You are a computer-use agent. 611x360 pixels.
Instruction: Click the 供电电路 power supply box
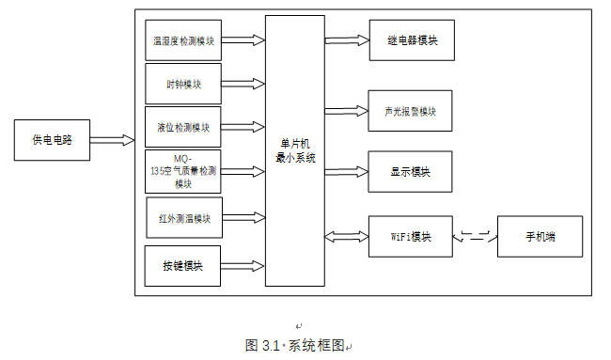click(x=53, y=140)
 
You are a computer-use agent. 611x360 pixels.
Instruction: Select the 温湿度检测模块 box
click(x=184, y=41)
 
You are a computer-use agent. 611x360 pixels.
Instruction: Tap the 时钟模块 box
click(x=184, y=84)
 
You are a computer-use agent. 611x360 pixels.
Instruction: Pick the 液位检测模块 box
click(x=184, y=127)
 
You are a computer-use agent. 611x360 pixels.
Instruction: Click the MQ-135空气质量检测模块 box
click(x=183, y=171)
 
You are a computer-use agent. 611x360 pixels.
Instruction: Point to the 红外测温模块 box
click(x=184, y=218)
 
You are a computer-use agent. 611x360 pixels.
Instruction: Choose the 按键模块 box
click(x=183, y=266)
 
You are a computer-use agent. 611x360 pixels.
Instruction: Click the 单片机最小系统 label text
click(x=295, y=150)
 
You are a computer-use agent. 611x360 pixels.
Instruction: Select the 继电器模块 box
click(x=411, y=41)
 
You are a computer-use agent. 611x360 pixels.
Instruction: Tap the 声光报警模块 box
click(x=411, y=111)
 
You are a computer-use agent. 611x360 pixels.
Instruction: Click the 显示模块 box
click(x=411, y=172)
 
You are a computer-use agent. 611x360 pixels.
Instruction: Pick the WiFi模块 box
click(x=411, y=236)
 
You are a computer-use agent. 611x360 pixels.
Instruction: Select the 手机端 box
click(x=540, y=236)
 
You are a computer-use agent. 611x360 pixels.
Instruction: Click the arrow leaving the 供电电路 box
click(x=112, y=140)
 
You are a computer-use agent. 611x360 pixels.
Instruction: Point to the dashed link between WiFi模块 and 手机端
click(x=475, y=236)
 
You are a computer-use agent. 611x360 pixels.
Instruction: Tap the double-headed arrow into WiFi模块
click(x=346, y=236)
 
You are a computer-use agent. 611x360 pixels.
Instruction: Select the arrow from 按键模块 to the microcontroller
click(x=243, y=266)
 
